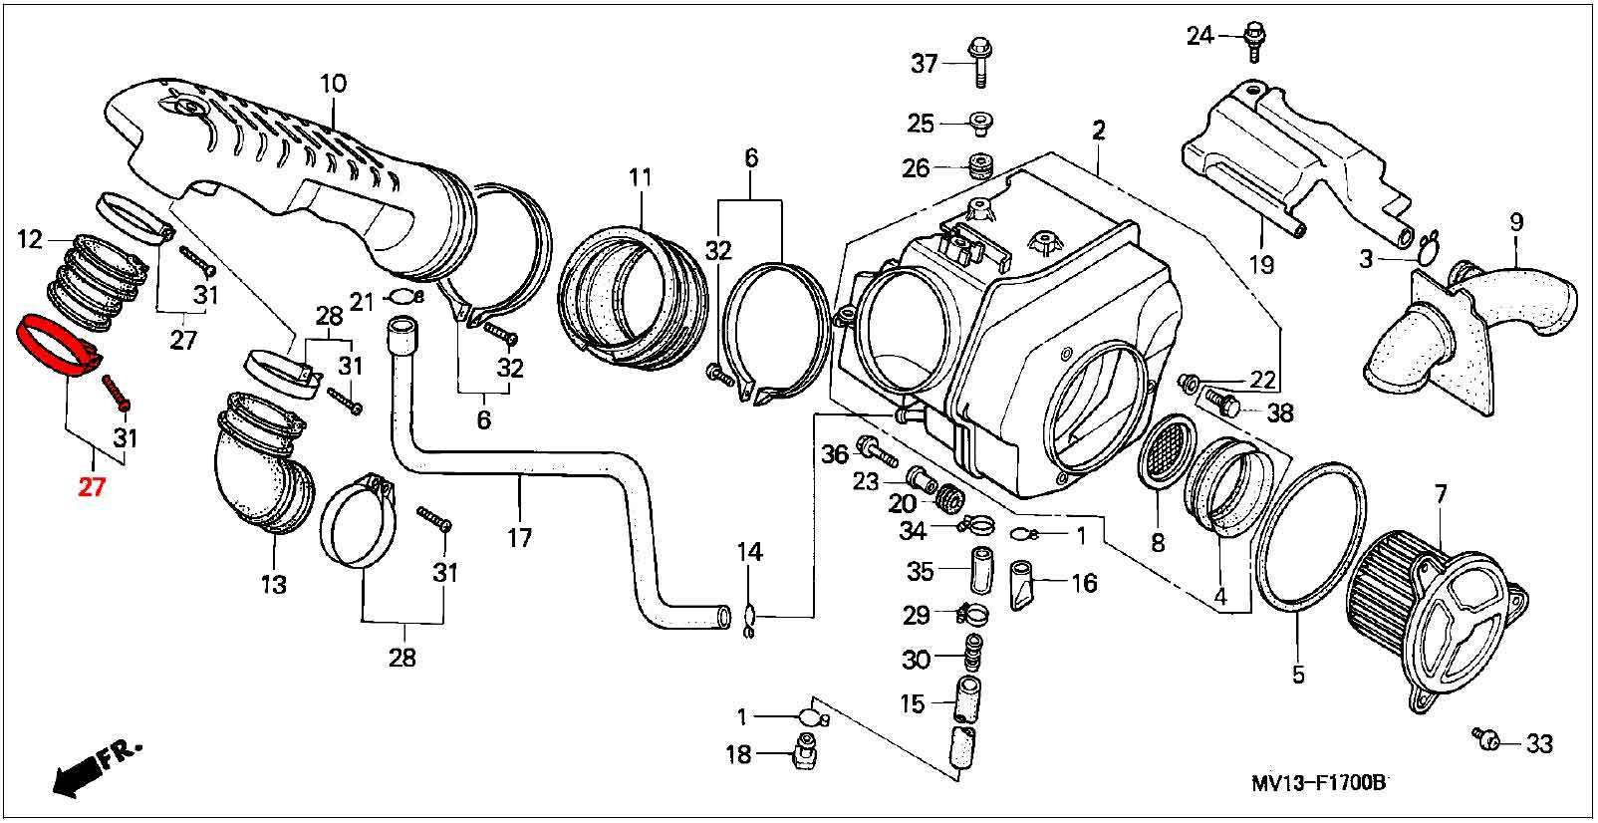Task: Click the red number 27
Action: tap(92, 487)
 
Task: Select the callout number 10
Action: tap(333, 84)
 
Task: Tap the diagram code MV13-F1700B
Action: tap(1319, 783)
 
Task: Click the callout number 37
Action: tap(924, 64)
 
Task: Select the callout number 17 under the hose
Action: tap(519, 538)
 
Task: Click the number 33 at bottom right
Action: tap(1539, 744)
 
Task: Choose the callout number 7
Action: tap(1441, 494)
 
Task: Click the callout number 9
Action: tap(1516, 222)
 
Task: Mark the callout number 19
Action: tap(1261, 265)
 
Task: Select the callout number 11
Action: tap(640, 177)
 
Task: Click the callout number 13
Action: tap(274, 585)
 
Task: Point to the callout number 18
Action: tap(738, 754)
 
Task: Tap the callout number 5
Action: tap(1298, 674)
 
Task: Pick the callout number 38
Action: tap(1280, 412)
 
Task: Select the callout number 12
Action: tap(30, 239)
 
